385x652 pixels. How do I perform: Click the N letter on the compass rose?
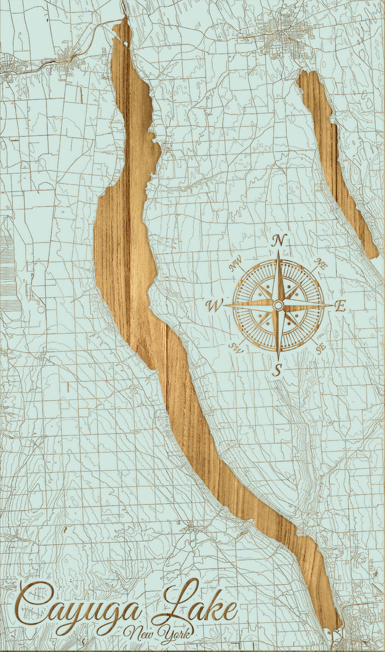278,240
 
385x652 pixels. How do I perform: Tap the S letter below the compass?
277,369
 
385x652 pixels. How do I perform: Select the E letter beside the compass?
340,306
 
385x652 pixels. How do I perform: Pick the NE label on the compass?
321,263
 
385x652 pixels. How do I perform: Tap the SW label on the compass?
235,348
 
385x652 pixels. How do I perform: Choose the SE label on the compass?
321,349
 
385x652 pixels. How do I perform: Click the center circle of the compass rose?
278,305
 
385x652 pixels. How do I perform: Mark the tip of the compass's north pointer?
278,252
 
